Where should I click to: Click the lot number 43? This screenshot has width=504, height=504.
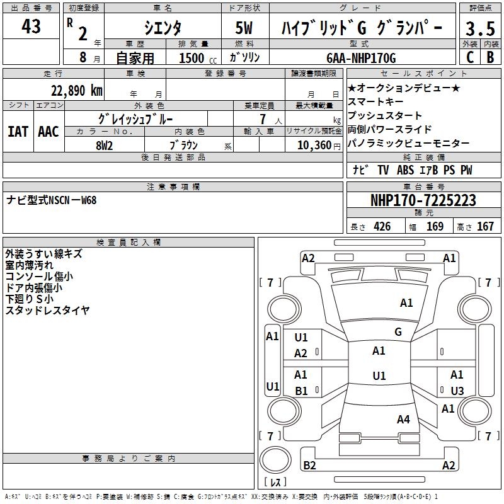point(31,26)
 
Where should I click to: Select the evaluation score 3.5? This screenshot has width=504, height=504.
point(479,29)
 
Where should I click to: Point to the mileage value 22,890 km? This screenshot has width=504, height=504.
point(76,90)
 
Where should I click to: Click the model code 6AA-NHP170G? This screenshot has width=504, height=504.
point(362,58)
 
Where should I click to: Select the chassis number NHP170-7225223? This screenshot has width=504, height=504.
point(423,200)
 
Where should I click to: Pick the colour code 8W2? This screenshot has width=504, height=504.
point(105,144)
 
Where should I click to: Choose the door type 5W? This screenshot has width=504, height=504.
point(244,28)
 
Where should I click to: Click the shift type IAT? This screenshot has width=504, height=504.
point(18,132)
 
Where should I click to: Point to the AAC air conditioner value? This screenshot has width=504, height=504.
point(48,132)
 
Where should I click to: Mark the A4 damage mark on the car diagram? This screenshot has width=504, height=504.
point(403,419)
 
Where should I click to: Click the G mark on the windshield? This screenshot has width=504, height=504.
point(398,332)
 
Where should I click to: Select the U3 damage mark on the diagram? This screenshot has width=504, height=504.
point(457,391)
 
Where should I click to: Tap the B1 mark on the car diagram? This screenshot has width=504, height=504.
point(301,391)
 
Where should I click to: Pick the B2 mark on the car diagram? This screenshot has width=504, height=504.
point(309,465)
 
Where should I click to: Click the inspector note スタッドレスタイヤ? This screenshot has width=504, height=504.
point(48,310)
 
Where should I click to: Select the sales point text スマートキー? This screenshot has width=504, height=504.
point(376,101)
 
